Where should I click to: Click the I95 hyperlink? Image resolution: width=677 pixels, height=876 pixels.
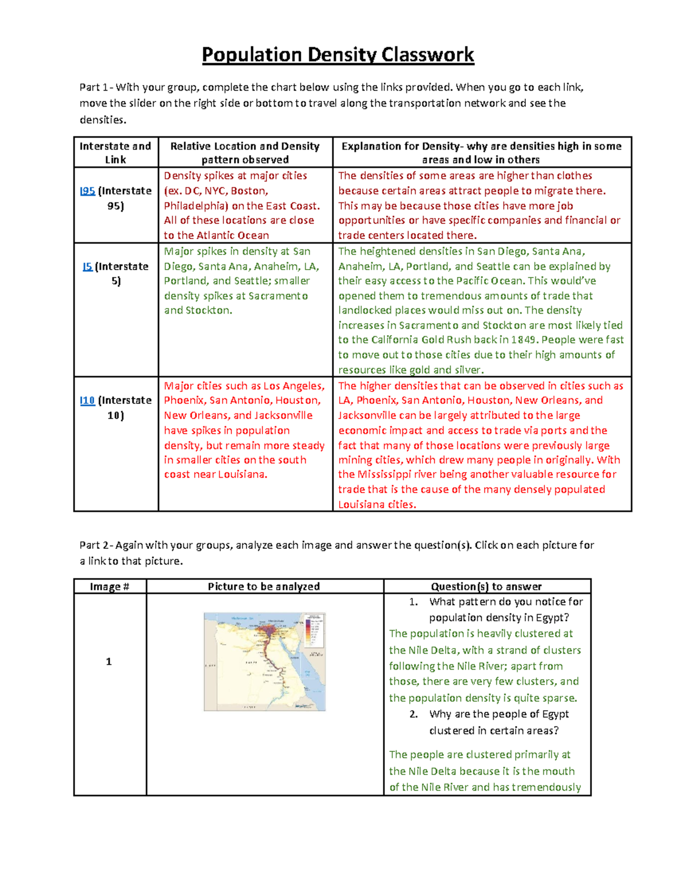click(87, 191)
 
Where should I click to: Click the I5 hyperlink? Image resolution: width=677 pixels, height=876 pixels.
click(87, 266)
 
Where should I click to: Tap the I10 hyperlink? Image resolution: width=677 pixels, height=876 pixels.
click(87, 400)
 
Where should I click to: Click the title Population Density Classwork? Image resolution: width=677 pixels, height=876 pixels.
click(338, 55)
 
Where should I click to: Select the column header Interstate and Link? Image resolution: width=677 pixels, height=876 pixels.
click(116, 152)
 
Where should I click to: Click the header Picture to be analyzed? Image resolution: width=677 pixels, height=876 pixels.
click(263, 587)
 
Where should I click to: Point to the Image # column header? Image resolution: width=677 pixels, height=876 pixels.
click(109, 587)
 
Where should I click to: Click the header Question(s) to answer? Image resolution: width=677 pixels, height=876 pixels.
click(486, 587)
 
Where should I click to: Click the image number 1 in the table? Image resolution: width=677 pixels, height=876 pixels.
click(109, 662)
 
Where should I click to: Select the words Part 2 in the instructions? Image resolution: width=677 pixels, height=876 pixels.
click(95, 545)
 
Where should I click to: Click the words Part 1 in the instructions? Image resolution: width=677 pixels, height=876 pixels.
click(94, 87)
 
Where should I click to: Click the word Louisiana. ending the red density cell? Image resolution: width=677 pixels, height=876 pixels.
click(243, 474)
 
